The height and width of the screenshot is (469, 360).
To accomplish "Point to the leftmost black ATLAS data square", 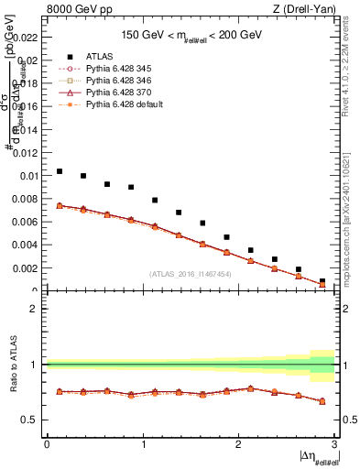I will click(x=60, y=171).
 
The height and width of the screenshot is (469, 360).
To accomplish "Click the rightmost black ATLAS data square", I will click(x=322, y=281).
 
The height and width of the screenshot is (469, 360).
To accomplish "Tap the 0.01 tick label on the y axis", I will click(x=28, y=175).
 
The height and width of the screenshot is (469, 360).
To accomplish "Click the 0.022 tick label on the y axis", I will click(x=26, y=38).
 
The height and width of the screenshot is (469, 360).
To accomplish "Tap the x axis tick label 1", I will click(x=143, y=444).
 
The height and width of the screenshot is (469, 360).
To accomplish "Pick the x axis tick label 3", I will click(x=333, y=444).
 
